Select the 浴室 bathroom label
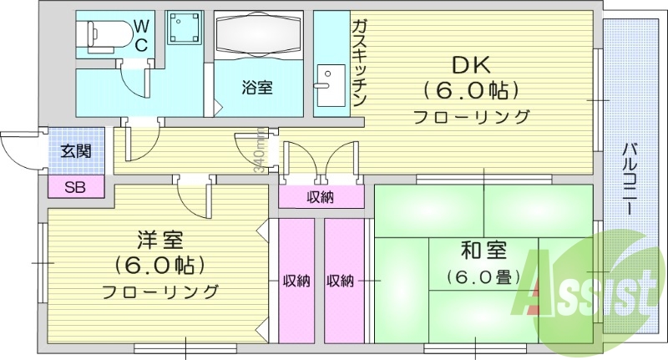click(256, 87)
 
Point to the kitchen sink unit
click(329, 87)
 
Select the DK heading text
click(470, 63)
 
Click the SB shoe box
click(75, 185)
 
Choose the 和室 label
click(484, 250)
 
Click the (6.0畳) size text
click(483, 276)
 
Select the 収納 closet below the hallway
click(321, 197)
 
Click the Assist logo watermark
click(593, 292)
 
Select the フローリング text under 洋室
click(159, 292)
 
